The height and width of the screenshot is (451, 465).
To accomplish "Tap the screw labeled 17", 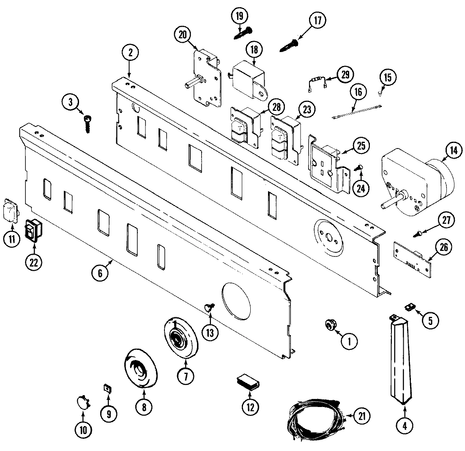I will (290, 45).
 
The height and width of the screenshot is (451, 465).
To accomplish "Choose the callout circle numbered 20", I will (182, 35).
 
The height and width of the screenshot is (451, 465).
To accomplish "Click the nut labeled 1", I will (328, 325).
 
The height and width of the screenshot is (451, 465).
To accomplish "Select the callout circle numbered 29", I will (345, 74).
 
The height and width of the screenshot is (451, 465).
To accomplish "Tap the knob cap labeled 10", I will (83, 401).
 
